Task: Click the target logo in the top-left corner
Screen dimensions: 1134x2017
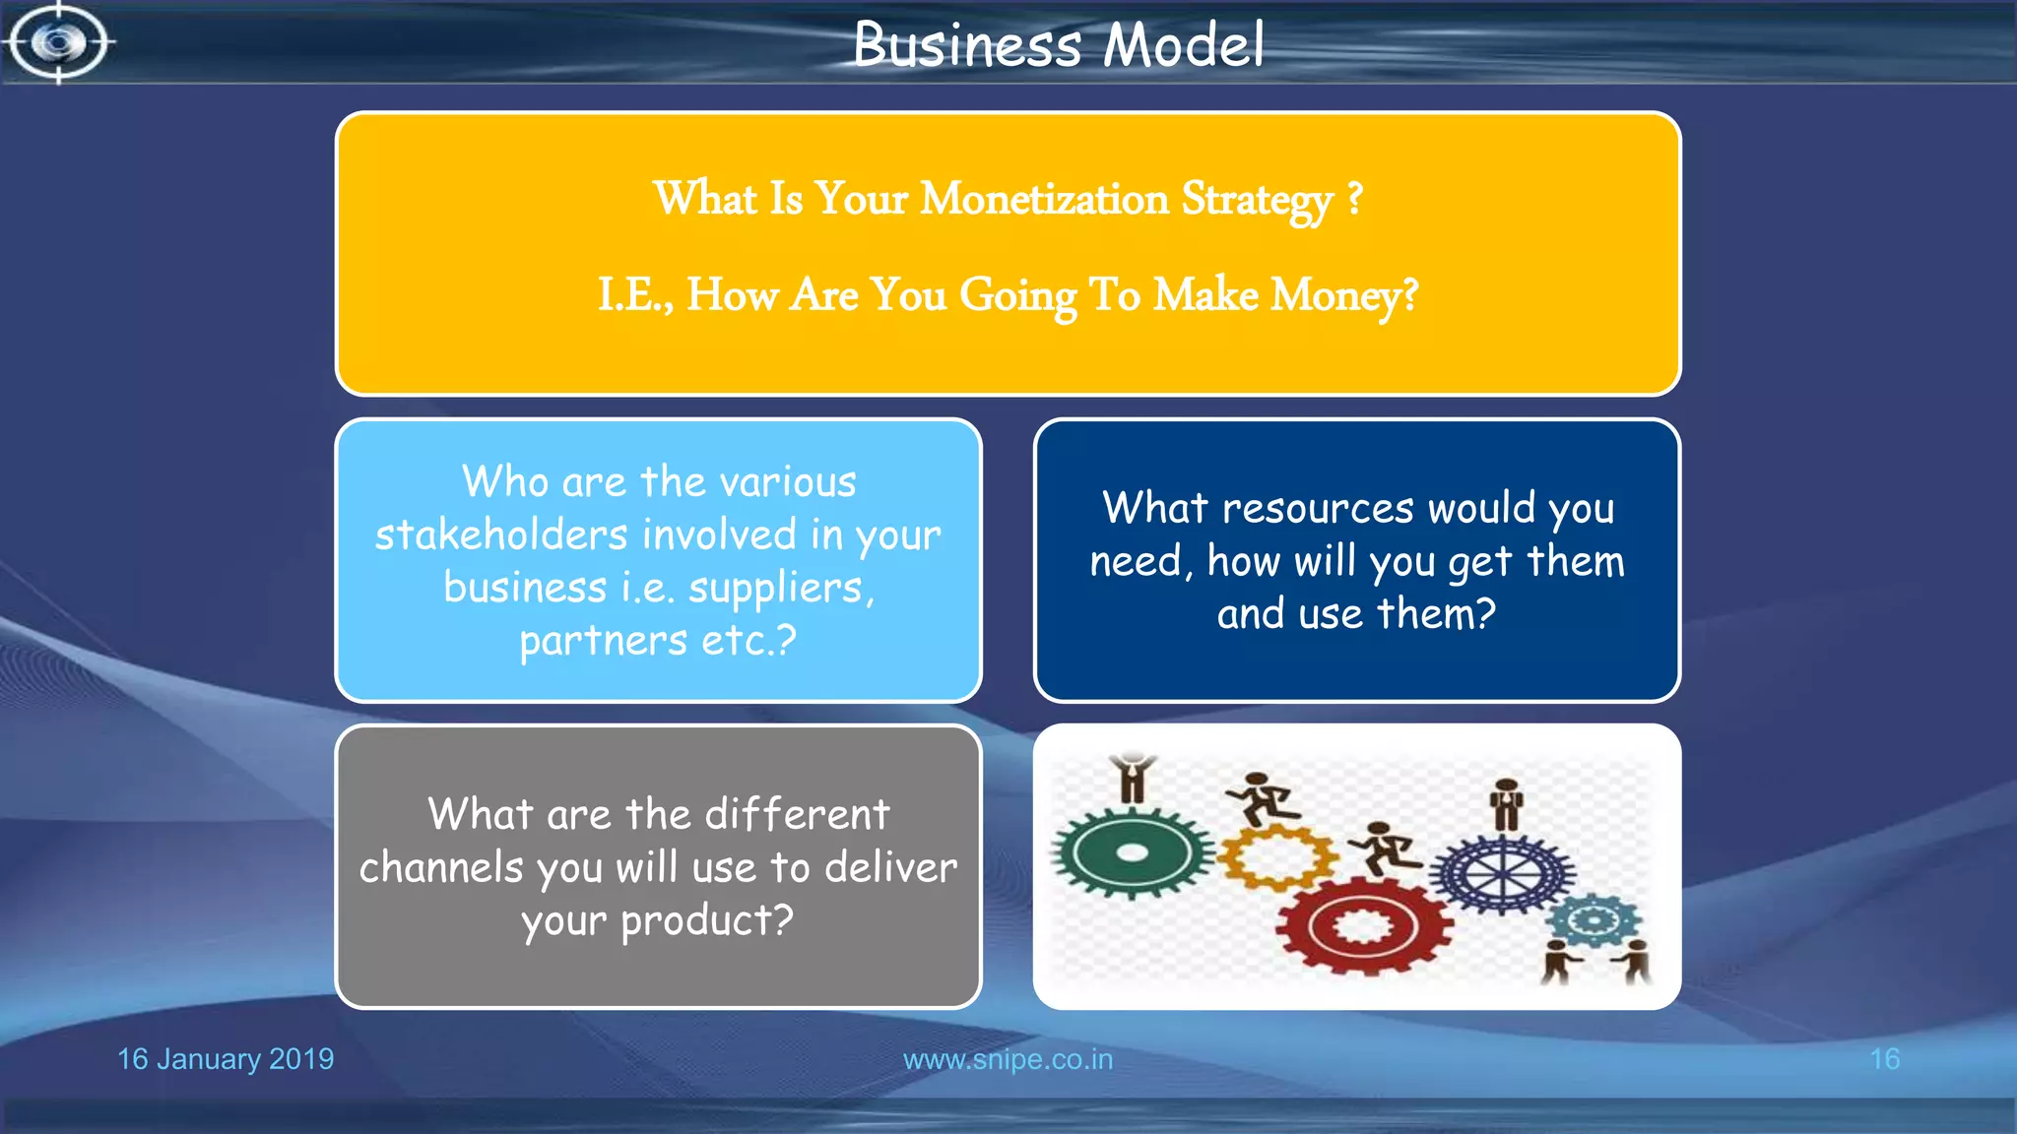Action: tap(59, 42)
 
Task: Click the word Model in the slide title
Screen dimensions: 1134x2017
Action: tap(1183, 45)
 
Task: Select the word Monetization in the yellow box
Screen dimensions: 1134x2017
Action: tap(1044, 199)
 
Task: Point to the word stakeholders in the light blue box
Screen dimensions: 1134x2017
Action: tap(501, 535)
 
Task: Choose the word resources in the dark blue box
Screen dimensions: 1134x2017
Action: tap(1318, 509)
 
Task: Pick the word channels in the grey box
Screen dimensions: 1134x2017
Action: tap(441, 868)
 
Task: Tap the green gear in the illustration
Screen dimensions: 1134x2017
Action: tap(1133, 853)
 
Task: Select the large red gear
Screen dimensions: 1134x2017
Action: tap(1363, 926)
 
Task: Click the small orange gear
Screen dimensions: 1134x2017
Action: tap(1277, 857)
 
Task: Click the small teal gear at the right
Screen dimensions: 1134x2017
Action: tap(1593, 921)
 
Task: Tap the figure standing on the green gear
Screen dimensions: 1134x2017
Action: tap(1133, 779)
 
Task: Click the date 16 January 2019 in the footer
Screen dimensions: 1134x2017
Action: tap(226, 1059)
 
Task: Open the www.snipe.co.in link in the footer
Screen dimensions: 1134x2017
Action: tap(1008, 1059)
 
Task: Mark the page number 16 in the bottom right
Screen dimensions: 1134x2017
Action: tap(1884, 1059)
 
